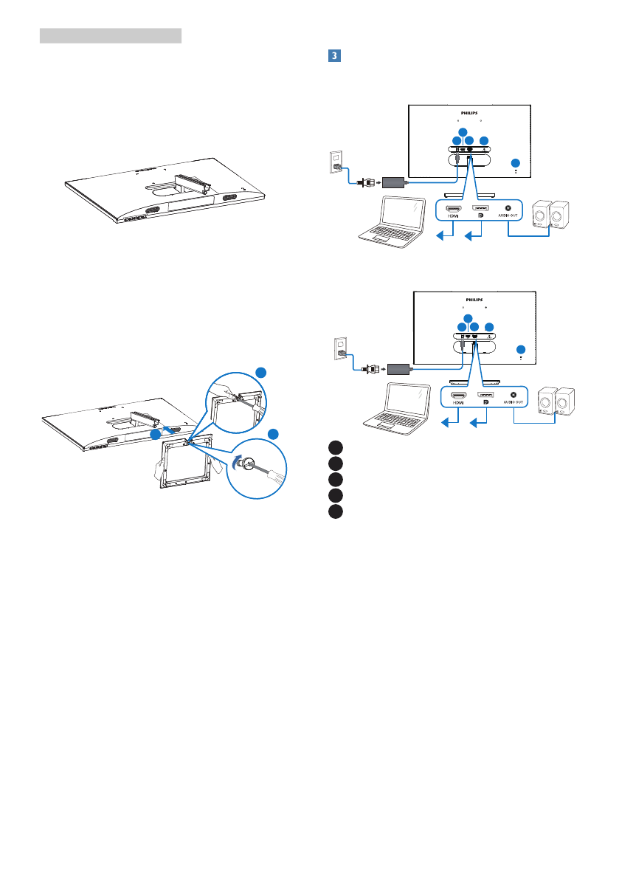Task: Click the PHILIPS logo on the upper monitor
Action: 469,114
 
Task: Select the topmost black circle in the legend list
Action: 336,447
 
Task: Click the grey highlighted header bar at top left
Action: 110,35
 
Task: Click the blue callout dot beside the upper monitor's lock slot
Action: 516,162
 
